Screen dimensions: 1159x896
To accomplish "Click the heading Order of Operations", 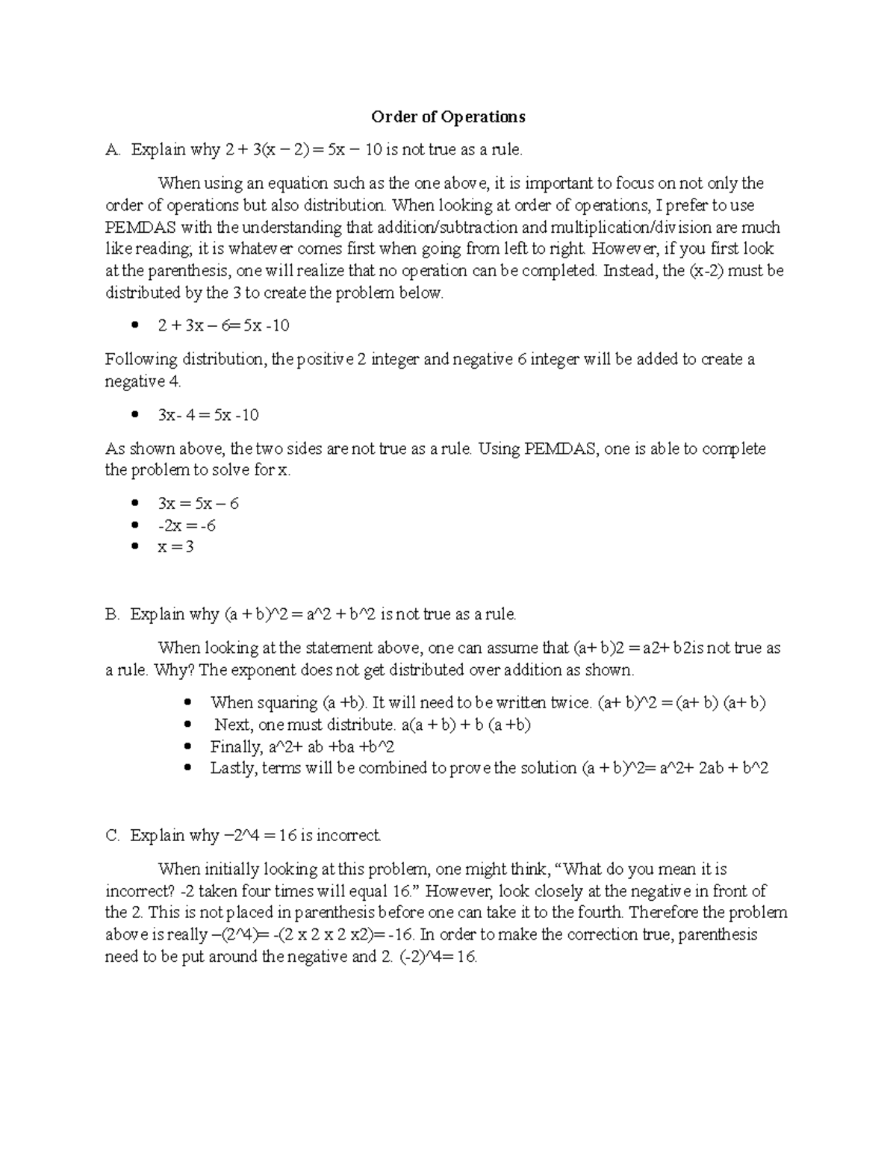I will coord(448,116).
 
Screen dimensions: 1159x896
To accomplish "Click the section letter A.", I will coord(111,150).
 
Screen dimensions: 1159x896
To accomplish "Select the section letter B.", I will coord(111,615).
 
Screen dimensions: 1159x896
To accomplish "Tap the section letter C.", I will coord(111,836).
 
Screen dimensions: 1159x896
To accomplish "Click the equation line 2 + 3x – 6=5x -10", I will coord(223,325).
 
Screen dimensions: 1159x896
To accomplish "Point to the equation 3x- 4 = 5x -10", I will coord(208,415).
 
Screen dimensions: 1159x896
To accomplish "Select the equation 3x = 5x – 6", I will coord(198,504).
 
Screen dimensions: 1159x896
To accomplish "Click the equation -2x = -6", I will coord(187,525).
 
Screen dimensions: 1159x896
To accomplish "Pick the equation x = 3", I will coord(175,547).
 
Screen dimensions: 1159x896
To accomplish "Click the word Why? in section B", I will coord(175,670).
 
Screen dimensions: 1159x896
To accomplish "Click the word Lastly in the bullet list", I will coord(234,768).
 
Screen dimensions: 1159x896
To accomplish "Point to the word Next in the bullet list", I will coord(231,725).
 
